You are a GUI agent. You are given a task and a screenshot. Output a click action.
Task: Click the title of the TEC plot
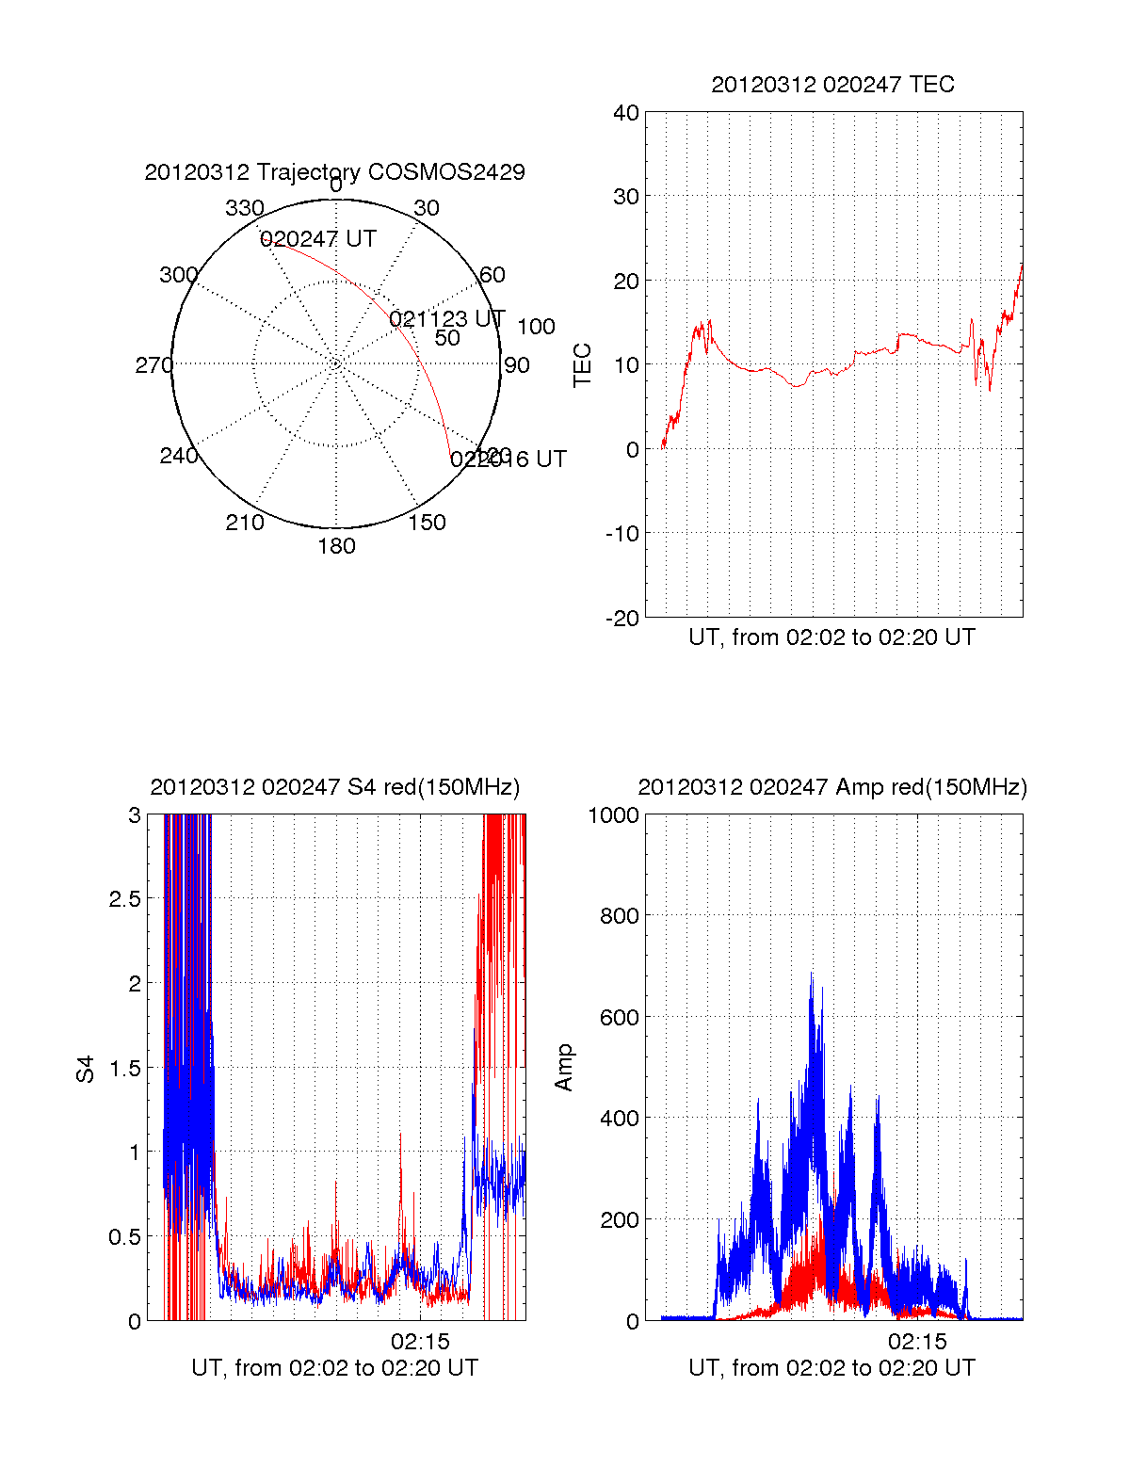832,85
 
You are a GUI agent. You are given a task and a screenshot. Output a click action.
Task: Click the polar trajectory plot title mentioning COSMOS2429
334,172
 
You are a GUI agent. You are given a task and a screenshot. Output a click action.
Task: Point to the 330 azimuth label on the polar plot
245,208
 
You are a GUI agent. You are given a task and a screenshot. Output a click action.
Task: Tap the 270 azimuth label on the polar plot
153,365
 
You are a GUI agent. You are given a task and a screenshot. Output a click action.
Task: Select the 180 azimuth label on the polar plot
336,546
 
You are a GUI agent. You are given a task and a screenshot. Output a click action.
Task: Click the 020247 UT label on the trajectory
318,239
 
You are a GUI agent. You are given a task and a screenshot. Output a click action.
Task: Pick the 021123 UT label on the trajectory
447,319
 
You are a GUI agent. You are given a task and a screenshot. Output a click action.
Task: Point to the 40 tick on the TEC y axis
626,113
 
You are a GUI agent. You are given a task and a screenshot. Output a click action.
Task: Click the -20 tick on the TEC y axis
622,618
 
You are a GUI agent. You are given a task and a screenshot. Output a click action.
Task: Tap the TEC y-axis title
583,364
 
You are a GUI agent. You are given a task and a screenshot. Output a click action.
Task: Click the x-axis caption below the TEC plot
831,637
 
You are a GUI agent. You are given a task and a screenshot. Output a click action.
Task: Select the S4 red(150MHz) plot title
334,787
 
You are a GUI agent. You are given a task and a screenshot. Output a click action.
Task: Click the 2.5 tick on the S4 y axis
124,899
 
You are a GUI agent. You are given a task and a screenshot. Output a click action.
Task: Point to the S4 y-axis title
86,1069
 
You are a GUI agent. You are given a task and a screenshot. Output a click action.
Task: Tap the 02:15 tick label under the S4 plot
420,1341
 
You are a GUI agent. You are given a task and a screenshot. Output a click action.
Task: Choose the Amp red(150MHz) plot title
831,787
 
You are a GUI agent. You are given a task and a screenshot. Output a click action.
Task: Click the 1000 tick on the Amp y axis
613,815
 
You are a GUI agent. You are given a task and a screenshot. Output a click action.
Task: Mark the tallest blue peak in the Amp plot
812,975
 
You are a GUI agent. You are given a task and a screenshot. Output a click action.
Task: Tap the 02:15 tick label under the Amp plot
917,1341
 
